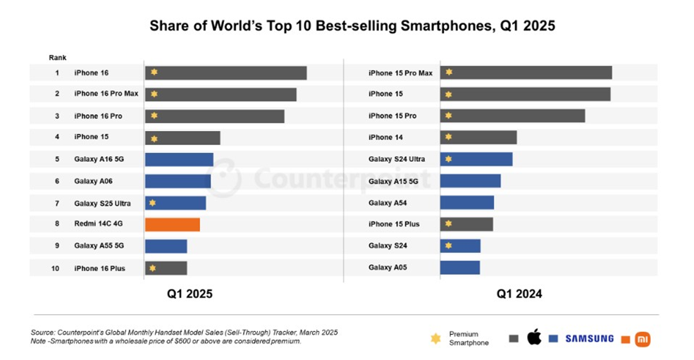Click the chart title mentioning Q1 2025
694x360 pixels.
pos(352,27)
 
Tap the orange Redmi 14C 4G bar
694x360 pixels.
pos(173,225)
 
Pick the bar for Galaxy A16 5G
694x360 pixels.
pos(179,159)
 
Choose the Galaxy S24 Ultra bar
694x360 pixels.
pos(476,159)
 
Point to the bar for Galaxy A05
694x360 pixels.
pos(459,268)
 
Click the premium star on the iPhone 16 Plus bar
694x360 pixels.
pos(153,268)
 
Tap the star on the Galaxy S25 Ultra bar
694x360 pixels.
pos(153,203)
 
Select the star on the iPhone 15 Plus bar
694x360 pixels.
pos(448,224)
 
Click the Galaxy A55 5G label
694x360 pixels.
pos(99,247)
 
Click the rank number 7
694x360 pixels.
pos(57,203)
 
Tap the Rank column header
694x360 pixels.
pos(57,57)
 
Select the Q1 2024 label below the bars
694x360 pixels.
pos(519,294)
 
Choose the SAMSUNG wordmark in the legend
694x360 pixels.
pos(589,339)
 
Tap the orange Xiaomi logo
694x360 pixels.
pos(643,339)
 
